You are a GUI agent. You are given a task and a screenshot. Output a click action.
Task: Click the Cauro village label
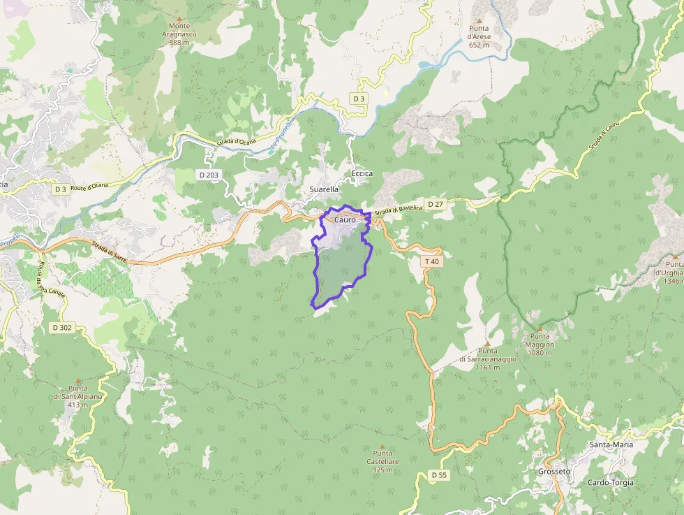click(345, 219)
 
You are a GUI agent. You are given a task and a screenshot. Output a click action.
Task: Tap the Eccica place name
click(362, 174)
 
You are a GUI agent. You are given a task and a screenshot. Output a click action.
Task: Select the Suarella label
click(324, 189)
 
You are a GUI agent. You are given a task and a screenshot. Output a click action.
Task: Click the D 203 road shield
click(208, 175)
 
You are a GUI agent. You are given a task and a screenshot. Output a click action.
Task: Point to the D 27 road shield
click(435, 204)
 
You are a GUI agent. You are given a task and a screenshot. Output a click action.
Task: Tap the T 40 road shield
click(432, 261)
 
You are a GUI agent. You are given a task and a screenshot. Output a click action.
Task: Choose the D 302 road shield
click(61, 327)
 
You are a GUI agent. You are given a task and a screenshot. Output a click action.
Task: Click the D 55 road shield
click(438, 475)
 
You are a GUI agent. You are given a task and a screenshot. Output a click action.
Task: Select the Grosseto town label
click(554, 472)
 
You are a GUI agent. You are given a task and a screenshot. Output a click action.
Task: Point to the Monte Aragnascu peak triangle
click(179, 18)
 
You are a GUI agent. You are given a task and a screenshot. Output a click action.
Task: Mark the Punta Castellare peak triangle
click(382, 446)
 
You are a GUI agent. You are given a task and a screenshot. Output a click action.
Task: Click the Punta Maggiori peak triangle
click(540, 328)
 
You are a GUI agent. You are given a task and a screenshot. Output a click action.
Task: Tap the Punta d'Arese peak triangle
click(479, 20)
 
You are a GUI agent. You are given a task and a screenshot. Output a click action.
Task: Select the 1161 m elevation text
click(489, 368)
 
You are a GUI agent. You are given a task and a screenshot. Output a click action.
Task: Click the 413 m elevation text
click(78, 405)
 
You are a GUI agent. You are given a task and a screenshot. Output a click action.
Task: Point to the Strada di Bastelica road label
click(398, 209)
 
